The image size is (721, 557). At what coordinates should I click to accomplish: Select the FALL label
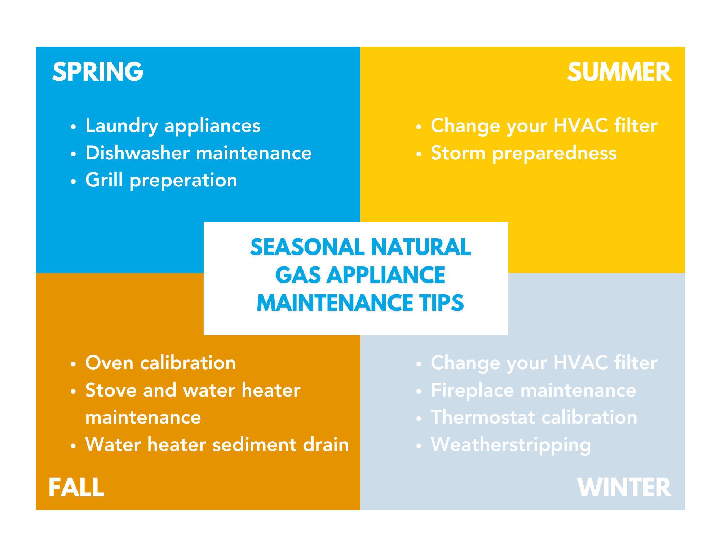tap(76, 487)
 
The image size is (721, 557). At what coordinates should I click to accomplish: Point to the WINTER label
tap(624, 487)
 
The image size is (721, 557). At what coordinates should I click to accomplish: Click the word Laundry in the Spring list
tap(121, 126)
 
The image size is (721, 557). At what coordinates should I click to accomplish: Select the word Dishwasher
tap(137, 153)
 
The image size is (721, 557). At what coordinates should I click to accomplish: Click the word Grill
tap(104, 180)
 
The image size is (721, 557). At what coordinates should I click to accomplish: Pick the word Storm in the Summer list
tap(458, 153)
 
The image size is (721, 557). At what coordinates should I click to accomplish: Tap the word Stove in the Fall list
tap(111, 390)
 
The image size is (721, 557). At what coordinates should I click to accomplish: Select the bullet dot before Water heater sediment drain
tap(74, 446)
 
